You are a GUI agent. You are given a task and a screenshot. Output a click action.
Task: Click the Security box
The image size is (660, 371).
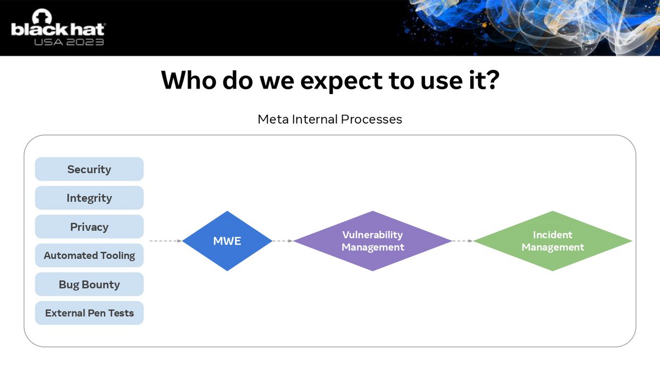tap(89, 169)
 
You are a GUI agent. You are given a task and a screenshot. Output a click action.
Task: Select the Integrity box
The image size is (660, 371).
tap(89, 198)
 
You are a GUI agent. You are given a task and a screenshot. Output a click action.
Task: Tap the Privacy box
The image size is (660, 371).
tap(89, 226)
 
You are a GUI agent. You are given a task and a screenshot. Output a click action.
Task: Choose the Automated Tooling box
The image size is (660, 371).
tap(89, 255)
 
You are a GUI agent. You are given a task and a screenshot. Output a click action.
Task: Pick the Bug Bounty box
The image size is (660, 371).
tap(89, 284)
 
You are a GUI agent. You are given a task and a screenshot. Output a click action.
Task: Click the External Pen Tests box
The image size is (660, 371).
tap(89, 313)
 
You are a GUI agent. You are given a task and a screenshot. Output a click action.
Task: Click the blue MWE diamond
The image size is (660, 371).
tap(227, 241)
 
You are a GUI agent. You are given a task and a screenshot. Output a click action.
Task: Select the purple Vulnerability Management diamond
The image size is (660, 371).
tap(373, 241)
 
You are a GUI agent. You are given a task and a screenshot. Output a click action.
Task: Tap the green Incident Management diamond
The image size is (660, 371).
tap(553, 241)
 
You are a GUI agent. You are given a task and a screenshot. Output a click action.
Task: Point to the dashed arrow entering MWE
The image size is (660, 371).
tap(166, 241)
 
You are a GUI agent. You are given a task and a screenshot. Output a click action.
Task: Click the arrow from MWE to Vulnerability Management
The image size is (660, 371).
tap(283, 241)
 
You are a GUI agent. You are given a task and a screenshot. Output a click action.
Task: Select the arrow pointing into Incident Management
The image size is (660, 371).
tap(463, 241)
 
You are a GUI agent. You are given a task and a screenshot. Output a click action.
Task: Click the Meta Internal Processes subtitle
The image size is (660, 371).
tap(329, 119)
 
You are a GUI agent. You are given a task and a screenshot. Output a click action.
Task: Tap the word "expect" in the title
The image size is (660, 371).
tap(341, 81)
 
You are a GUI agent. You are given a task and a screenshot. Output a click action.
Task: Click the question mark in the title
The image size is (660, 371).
tap(492, 80)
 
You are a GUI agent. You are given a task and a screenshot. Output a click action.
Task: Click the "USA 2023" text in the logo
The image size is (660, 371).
tap(69, 42)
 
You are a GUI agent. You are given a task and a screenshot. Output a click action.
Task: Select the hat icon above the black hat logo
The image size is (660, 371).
tap(42, 16)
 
